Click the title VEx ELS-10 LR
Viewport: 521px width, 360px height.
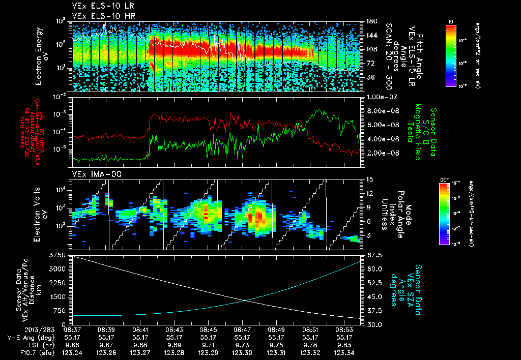click(96, 7)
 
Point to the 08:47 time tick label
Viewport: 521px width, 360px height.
click(242, 329)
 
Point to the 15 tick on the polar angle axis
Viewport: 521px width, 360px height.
click(369, 179)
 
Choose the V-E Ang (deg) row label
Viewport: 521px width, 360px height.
click(28, 337)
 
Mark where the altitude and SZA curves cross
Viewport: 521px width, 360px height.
click(246, 300)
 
